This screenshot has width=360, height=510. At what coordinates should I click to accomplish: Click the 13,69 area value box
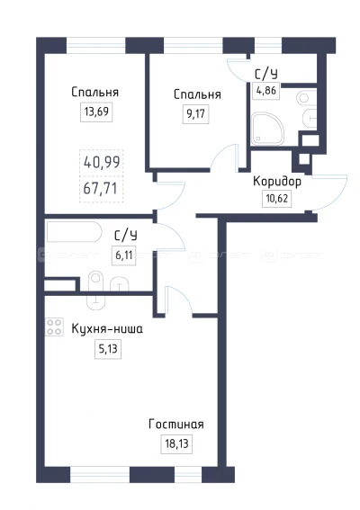[x=96, y=112]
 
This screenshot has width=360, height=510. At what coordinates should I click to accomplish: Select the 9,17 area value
[x=195, y=114]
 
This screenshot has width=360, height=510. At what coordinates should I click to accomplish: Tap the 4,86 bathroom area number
[x=266, y=91]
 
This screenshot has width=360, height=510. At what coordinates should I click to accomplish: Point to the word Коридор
[x=277, y=182]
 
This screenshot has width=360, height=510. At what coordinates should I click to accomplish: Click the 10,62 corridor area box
[x=277, y=198]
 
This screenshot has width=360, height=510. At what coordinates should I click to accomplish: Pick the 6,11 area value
[x=124, y=255]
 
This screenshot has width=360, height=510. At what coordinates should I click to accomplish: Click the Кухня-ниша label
[x=107, y=329]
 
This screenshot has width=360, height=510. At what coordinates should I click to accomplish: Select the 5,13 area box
[x=108, y=349]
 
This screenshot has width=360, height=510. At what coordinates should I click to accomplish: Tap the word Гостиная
[x=176, y=425]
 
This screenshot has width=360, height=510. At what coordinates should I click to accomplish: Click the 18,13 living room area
[x=176, y=443]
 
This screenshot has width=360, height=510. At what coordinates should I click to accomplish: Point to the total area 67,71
[x=101, y=188]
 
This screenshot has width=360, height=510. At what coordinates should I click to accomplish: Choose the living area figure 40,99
[x=102, y=162]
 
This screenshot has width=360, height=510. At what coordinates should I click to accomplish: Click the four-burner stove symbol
[x=54, y=327]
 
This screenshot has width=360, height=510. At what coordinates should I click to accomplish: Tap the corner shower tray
[x=267, y=128]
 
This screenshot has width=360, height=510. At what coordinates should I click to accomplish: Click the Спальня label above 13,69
[x=95, y=93]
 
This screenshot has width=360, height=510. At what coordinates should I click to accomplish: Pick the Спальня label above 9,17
[x=197, y=94]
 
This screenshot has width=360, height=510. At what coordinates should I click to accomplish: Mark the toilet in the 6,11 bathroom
[x=96, y=290]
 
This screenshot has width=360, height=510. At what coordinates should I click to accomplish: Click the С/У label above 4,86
[x=266, y=75]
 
